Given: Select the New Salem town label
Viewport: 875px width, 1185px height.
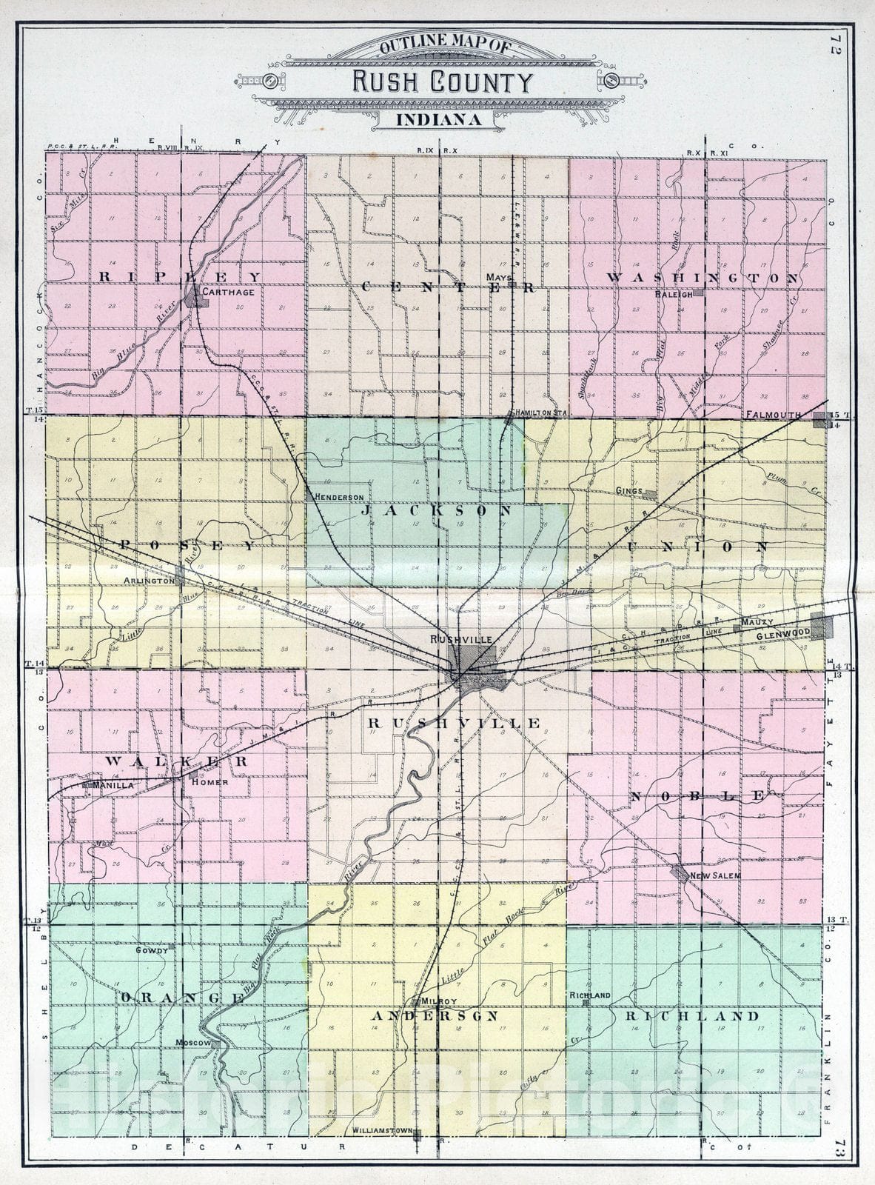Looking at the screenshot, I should (715, 875).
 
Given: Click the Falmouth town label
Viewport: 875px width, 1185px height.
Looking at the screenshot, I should (774, 415).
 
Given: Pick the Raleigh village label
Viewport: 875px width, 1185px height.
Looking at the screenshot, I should (673, 294).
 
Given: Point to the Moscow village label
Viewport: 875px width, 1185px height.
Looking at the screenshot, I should (193, 1043).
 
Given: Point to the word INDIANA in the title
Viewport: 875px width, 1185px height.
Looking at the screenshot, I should (438, 118).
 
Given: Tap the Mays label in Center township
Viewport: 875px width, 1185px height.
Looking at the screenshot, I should (495, 277).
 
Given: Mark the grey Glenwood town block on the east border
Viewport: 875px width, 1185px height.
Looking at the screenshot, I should (822, 627).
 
